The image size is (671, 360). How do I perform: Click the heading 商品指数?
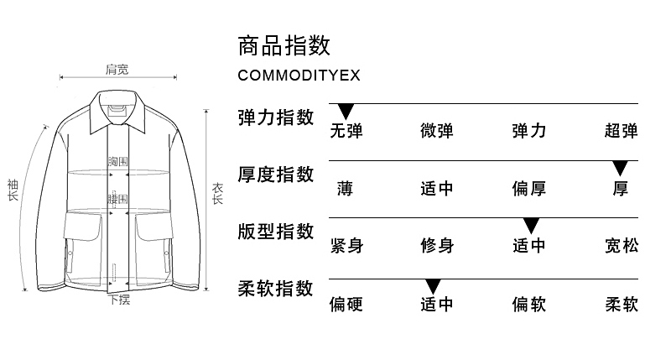(x=283, y=44)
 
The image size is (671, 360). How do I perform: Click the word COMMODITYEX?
(x=299, y=76)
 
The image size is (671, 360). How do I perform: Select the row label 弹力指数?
(x=276, y=117)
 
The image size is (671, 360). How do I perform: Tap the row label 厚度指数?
(x=276, y=174)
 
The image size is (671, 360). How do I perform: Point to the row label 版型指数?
(x=276, y=231)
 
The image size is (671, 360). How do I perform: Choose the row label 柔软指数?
(x=276, y=288)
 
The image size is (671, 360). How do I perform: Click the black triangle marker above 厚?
(x=621, y=168)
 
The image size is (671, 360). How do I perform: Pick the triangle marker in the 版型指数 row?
(x=530, y=225)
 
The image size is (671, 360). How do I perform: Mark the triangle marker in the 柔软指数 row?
(x=433, y=285)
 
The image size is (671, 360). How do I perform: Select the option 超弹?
(x=621, y=131)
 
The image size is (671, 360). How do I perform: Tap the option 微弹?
(x=437, y=131)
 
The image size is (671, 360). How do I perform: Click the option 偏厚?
(x=529, y=189)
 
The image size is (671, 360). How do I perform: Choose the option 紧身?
(x=346, y=246)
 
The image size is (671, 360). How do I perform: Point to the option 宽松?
(x=621, y=246)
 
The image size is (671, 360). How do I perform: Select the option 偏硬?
(x=346, y=304)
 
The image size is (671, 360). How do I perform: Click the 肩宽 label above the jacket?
(x=117, y=69)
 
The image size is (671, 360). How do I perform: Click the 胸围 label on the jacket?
(x=118, y=161)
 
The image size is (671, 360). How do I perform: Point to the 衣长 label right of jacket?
(x=217, y=195)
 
